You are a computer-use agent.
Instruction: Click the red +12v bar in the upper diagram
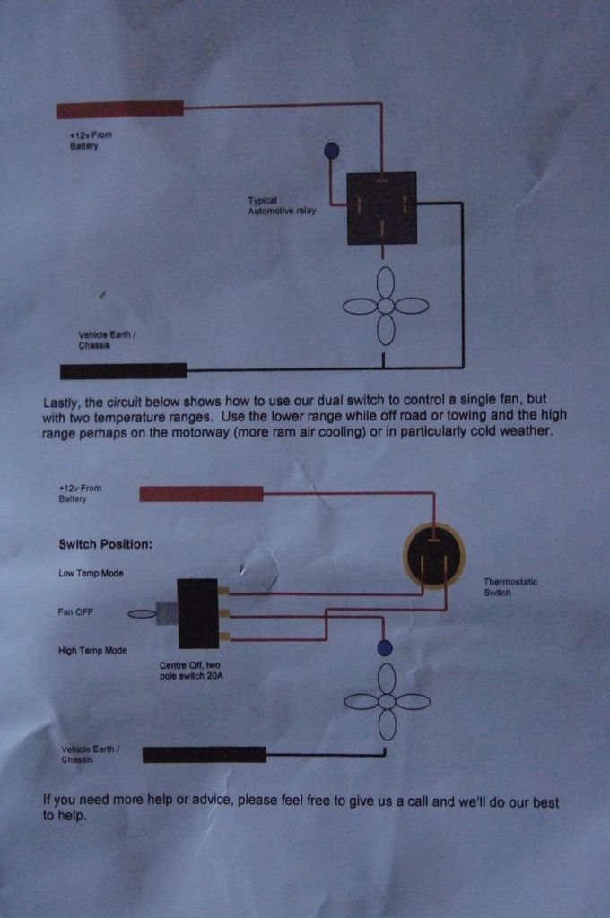[x=120, y=109]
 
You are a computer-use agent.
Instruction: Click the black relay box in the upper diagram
[x=381, y=208]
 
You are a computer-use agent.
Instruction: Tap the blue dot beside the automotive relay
[x=331, y=151]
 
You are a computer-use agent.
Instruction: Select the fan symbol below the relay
[x=386, y=306]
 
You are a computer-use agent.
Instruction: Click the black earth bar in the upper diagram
[x=124, y=370]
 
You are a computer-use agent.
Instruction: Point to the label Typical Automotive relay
[x=282, y=205]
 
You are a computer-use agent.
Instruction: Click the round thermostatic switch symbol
[x=434, y=556]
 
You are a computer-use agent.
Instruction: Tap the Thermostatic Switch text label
[x=510, y=587]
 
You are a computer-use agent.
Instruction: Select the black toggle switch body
[x=198, y=613]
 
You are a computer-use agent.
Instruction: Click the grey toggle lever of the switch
[x=166, y=613]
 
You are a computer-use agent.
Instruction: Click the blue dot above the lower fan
[x=385, y=648]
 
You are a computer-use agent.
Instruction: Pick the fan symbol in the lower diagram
[x=387, y=702]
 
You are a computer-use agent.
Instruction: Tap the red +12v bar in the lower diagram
[x=201, y=494]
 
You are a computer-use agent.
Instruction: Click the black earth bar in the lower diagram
[x=205, y=755]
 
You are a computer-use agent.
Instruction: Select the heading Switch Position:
[x=106, y=544]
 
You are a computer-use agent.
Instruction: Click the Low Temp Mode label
[x=91, y=573]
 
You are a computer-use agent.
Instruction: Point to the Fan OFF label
[x=75, y=611]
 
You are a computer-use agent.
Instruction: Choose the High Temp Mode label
[x=92, y=651]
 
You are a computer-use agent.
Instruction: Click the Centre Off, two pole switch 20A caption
[x=191, y=671]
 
